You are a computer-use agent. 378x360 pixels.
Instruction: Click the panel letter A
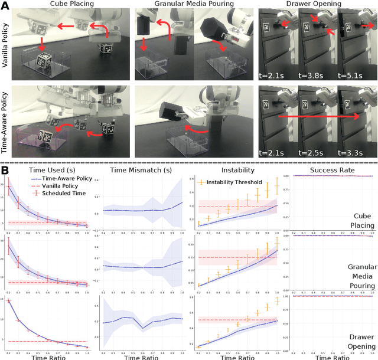tap(5, 5)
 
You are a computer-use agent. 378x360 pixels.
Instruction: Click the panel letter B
tap(5, 169)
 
